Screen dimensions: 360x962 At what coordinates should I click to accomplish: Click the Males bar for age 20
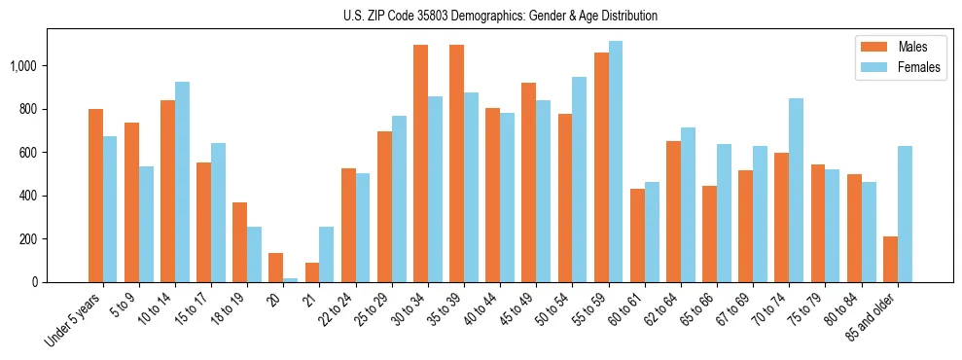(x=275, y=268)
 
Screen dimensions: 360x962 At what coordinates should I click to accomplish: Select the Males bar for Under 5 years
(x=95, y=196)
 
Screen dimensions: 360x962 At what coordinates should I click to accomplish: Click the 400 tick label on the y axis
(x=29, y=196)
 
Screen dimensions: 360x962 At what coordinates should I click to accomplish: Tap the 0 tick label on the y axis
(x=35, y=282)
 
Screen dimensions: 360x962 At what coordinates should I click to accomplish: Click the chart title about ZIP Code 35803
(x=500, y=16)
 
